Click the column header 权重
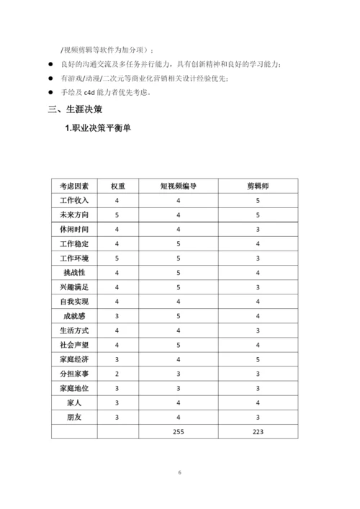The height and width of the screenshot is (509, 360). [x=117, y=186]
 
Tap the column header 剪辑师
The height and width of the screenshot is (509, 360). [x=257, y=186]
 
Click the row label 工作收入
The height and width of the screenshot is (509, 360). [x=74, y=200]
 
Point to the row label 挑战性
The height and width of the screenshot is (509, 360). [x=74, y=273]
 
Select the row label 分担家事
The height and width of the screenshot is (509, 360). [x=74, y=374]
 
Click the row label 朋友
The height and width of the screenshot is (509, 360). [x=74, y=417]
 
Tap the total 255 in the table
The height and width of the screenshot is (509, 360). [x=179, y=431]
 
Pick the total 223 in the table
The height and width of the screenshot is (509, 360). [x=257, y=431]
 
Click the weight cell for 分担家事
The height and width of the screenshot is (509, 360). [x=117, y=374]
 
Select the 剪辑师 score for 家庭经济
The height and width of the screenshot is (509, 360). [x=257, y=359]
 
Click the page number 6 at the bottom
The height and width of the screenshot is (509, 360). [x=180, y=472]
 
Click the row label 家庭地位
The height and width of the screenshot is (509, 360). [x=74, y=388]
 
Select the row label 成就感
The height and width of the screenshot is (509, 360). [x=74, y=316]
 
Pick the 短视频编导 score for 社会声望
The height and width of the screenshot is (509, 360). [x=179, y=345]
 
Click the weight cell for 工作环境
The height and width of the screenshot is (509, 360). [x=117, y=258]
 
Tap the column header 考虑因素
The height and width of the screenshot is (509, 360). [x=74, y=186]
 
